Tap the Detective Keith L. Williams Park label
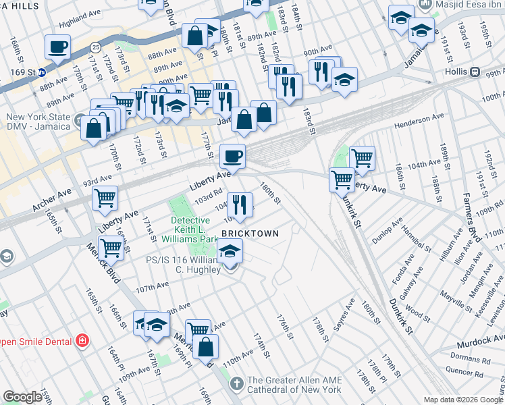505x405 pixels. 194,230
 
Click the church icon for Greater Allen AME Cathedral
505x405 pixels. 236,384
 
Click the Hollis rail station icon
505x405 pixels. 475,72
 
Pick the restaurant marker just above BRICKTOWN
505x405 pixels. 239,203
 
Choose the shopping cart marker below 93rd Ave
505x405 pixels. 105,198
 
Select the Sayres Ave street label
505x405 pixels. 343,315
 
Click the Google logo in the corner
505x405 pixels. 22,397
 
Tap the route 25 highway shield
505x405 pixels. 96,47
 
